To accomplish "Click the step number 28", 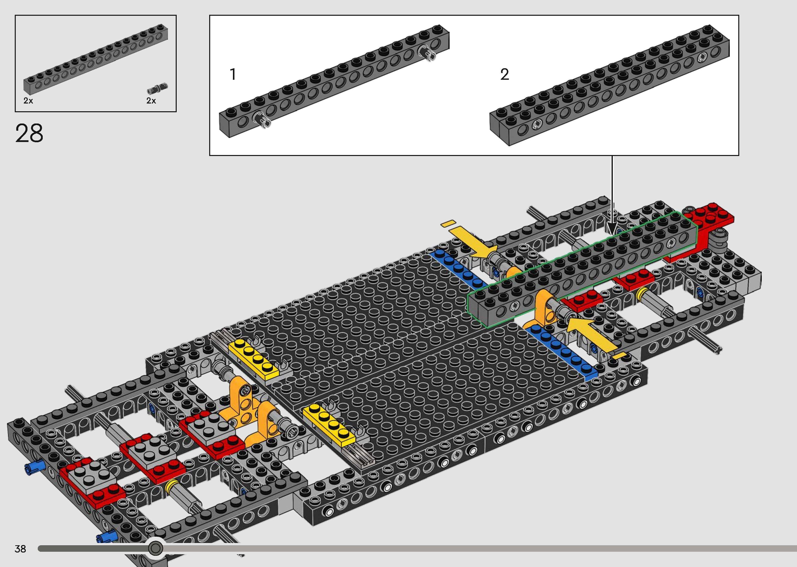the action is pos(29,133).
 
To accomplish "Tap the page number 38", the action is pos(20,549).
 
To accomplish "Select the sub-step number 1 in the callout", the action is pos(233,74).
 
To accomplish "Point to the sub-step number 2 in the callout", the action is pos(505,74).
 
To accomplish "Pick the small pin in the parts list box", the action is pos(157,88).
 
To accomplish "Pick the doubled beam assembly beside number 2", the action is pos(610,85).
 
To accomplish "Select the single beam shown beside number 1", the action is pos(334,81).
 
